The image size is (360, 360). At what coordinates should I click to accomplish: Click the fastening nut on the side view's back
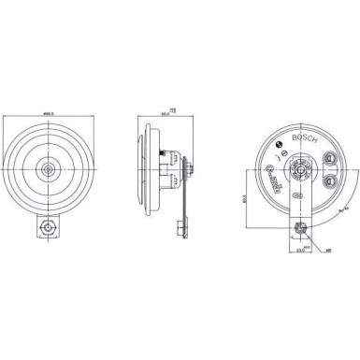[x=190, y=168]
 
